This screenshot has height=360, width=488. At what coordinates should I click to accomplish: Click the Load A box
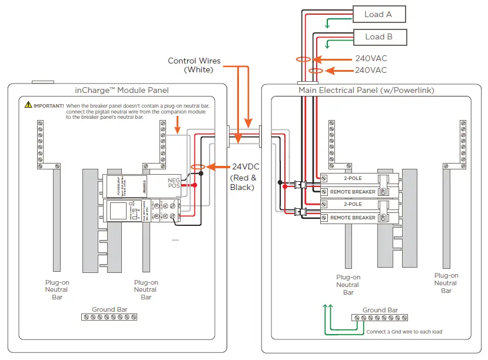click(379, 14)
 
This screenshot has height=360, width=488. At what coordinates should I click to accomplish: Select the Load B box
click(379, 36)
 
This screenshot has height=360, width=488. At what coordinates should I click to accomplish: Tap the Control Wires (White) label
click(194, 65)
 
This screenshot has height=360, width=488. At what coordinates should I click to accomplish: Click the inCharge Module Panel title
click(122, 90)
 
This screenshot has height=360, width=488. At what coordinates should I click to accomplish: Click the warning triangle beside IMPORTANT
click(28, 105)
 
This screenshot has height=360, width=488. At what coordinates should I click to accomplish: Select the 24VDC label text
click(245, 166)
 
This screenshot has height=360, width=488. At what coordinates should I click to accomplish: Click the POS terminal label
click(174, 185)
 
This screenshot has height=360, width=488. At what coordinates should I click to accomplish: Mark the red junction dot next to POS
click(194, 185)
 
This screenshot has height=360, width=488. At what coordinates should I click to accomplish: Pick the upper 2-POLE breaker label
click(352, 178)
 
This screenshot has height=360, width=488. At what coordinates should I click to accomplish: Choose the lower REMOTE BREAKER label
click(352, 218)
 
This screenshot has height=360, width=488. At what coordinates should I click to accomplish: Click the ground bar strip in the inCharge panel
click(109, 317)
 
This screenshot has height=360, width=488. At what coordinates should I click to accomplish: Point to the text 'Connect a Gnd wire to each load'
click(404, 332)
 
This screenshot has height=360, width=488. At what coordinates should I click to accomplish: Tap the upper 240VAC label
click(371, 59)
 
